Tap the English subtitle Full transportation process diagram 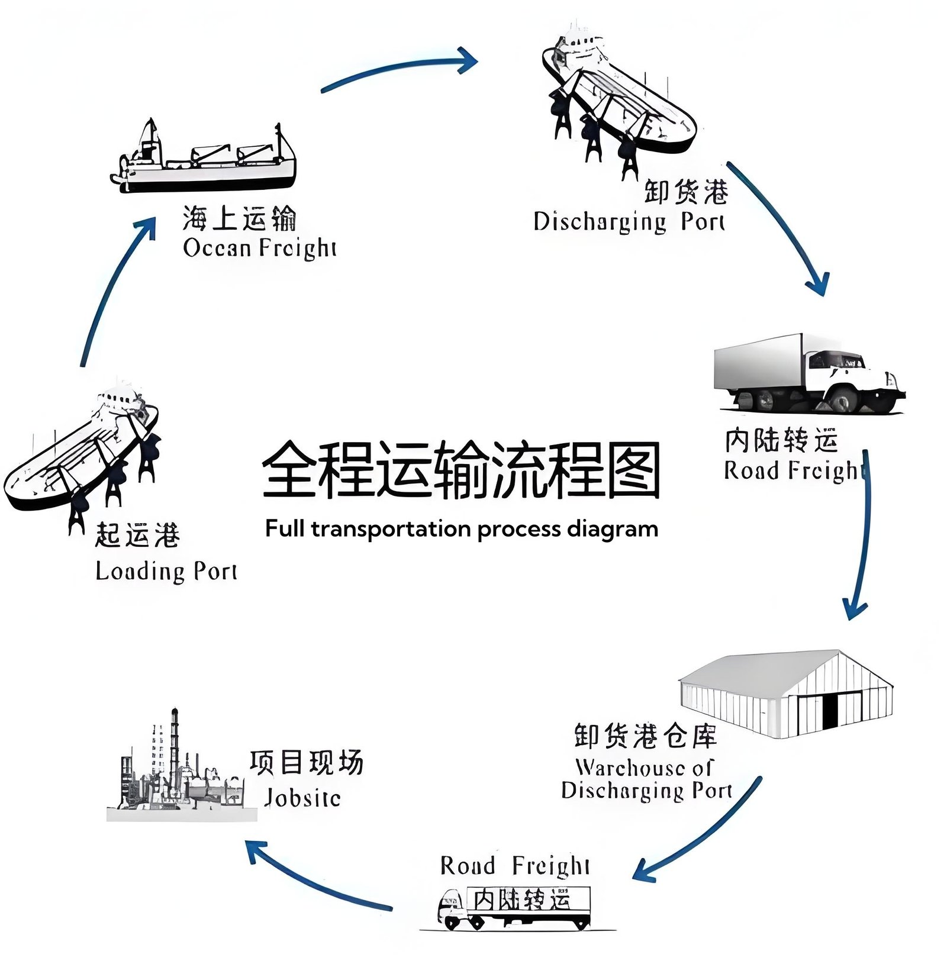pyautogui.click(x=461, y=528)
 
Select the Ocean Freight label pyautogui.click(x=259, y=247)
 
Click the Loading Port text pyautogui.click(x=166, y=571)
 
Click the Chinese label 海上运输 pyautogui.click(x=239, y=218)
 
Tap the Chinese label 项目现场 pyautogui.click(x=306, y=762)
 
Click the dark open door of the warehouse pyautogui.click(x=830, y=711)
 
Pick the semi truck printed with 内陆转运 pyautogui.click(x=515, y=905)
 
